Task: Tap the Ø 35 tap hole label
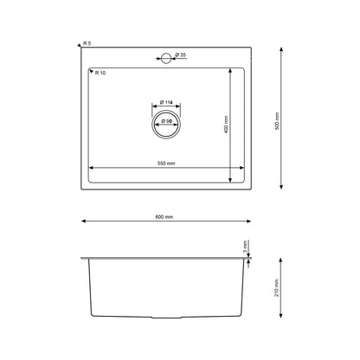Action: (181, 56)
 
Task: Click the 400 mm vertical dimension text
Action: (225, 123)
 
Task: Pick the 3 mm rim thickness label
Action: (246, 246)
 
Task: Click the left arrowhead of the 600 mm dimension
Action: (84, 221)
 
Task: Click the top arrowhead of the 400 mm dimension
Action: (230, 70)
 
